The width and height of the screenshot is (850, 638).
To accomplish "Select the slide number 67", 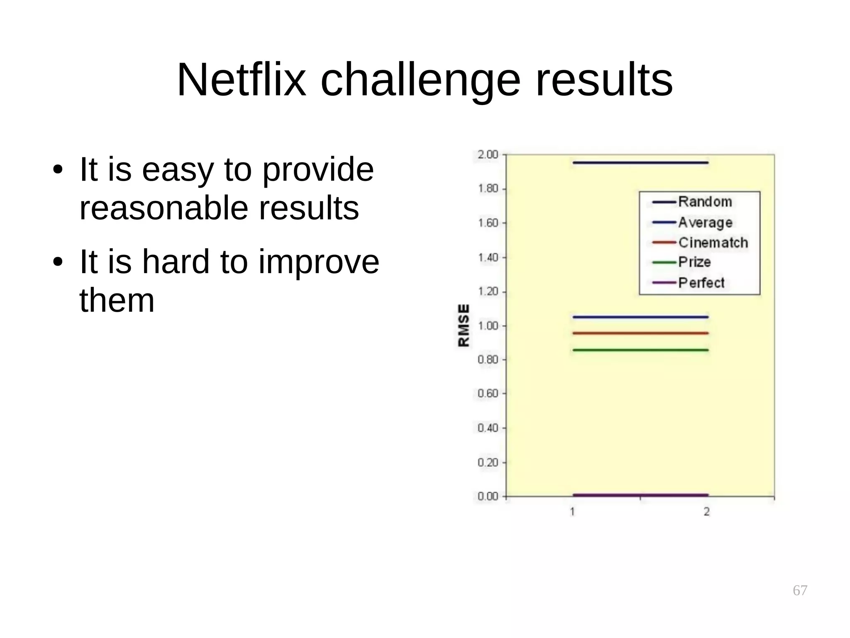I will pos(800,590).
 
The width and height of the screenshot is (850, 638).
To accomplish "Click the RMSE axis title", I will pos(464,325).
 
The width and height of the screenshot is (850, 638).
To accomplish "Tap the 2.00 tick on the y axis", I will pos(488,155).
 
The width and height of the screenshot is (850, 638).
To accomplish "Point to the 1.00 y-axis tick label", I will pos(488,326).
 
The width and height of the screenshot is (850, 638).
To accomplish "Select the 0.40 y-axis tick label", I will pos(488,428).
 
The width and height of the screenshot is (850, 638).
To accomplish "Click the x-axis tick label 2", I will pos(707,512).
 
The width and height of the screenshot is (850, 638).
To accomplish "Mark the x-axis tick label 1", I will pos(572,512).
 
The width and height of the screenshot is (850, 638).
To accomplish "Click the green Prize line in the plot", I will pos(640,350).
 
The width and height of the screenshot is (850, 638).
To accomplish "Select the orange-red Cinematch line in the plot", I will pos(640,333).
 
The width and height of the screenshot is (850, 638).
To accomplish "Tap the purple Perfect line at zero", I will pos(640,495).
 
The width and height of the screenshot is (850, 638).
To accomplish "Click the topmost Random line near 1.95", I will pos(640,163).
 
